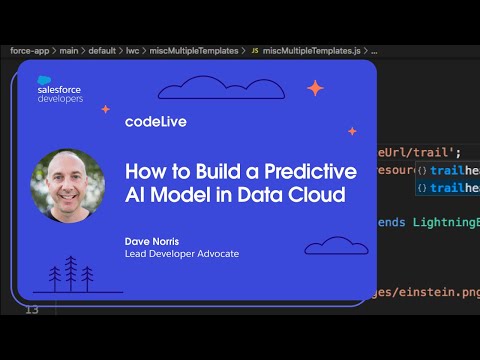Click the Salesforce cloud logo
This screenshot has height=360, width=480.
(51, 82)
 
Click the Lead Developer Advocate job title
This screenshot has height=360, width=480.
(182, 254)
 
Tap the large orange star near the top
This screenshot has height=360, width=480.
(315, 88)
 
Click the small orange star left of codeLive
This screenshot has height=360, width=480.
(105, 109)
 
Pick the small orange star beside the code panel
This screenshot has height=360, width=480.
(352, 131)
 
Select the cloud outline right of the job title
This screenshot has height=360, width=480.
(336, 244)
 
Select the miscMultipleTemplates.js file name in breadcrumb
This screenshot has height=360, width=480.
(313, 49)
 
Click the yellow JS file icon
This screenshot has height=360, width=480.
(254, 49)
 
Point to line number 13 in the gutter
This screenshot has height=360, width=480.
(31, 310)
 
